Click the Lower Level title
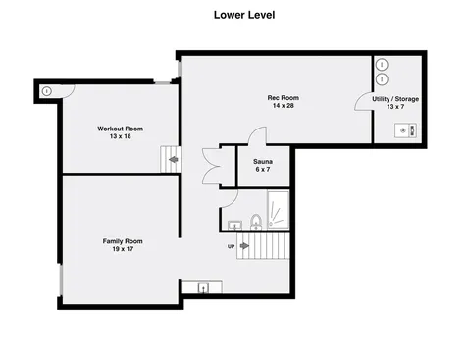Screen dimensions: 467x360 (x=244, y=15)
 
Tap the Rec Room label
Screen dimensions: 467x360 (x=284, y=98)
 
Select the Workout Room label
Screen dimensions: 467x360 (x=121, y=129)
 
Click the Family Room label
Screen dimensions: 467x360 (x=123, y=241)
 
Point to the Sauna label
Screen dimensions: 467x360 (x=263, y=162)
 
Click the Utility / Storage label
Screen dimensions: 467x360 (x=395, y=99)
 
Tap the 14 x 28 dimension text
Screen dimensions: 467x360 (x=284, y=106)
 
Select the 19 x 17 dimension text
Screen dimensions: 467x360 (x=123, y=249)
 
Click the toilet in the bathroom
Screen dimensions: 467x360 (x=256, y=222)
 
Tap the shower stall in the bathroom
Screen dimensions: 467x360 (x=279, y=210)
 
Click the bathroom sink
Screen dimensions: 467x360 (x=234, y=225)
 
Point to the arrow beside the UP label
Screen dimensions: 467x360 (x=244, y=246)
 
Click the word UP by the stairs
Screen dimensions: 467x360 (x=231, y=246)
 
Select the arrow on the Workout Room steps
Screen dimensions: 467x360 (x=174, y=160)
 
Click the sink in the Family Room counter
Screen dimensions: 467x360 (x=203, y=287)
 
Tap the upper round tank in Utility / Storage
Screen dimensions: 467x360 (x=382, y=65)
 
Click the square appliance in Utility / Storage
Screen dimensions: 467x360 (x=405, y=130)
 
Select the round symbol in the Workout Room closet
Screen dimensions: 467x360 (x=47, y=91)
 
